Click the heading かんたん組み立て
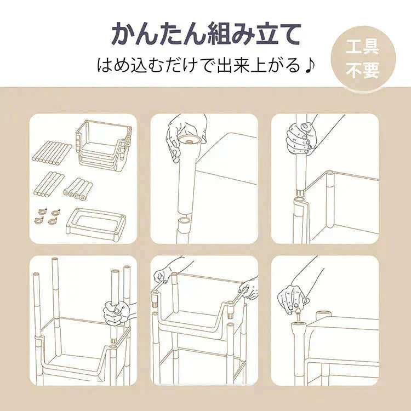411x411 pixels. [x=206, y=34]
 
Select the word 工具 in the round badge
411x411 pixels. [x=363, y=48]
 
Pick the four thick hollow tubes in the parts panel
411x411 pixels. [x=77, y=189]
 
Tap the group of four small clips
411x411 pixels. [x=47, y=216]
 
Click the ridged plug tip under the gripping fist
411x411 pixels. [x=301, y=192]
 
